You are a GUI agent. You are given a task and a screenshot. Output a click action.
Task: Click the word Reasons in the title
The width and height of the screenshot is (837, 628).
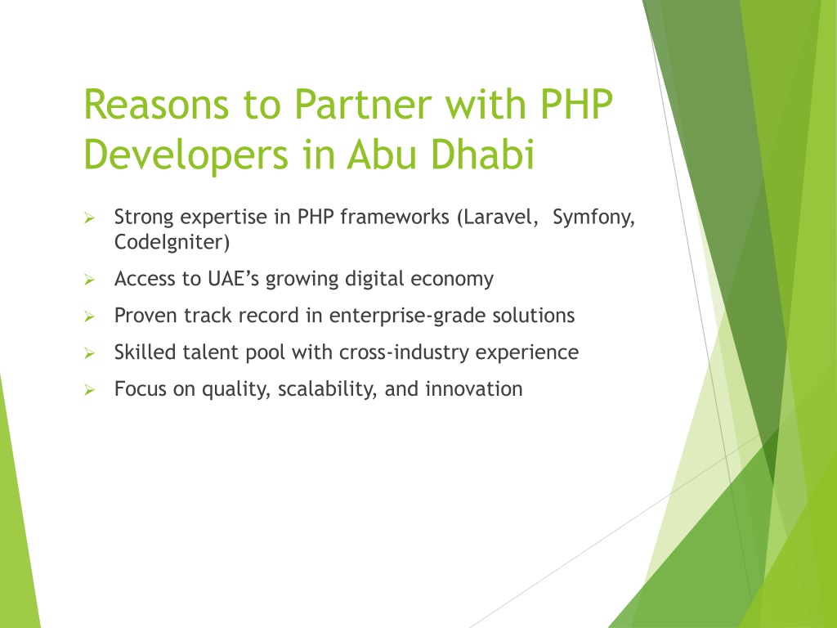pyautogui.click(x=156, y=104)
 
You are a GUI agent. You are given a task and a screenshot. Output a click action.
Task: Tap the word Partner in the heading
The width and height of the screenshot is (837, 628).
pyautogui.click(x=363, y=104)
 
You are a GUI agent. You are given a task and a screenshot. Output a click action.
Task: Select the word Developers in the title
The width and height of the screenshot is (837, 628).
pyautogui.click(x=186, y=155)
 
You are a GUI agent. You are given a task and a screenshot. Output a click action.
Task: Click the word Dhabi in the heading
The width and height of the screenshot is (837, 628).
pyautogui.click(x=482, y=154)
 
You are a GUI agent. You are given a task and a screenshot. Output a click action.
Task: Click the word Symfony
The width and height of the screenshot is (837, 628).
pyautogui.click(x=593, y=218)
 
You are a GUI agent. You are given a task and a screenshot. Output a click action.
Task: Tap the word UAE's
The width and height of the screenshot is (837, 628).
pyautogui.click(x=233, y=279)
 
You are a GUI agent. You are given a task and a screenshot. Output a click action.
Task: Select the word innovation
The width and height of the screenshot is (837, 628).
pyautogui.click(x=473, y=388)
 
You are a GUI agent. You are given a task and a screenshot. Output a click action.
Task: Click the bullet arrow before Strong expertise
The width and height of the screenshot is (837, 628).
pyautogui.click(x=89, y=218)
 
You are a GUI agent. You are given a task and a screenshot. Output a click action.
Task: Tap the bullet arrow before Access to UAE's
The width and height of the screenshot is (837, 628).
pyautogui.click(x=89, y=280)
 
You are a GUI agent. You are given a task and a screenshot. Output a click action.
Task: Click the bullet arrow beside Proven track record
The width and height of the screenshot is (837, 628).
pyautogui.click(x=89, y=316)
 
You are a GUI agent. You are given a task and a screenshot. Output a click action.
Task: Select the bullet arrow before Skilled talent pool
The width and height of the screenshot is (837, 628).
pyautogui.click(x=89, y=353)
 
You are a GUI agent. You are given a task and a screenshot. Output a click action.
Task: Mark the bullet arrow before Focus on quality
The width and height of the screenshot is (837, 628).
pyautogui.click(x=89, y=390)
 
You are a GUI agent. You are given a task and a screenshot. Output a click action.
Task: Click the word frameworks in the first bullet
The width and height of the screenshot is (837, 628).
pyautogui.click(x=395, y=217)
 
